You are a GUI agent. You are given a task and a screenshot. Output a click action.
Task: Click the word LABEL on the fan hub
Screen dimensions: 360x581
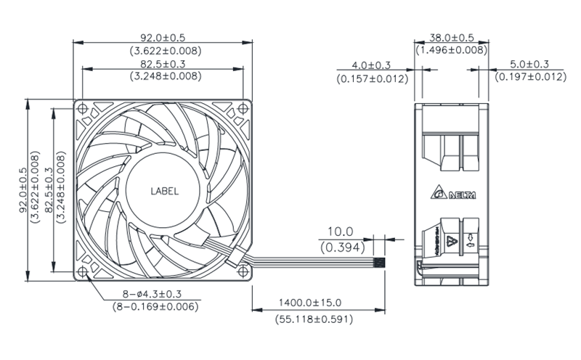pyautogui.click(x=164, y=192)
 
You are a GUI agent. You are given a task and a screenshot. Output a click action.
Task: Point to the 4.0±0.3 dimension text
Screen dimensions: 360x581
pyautogui.click(x=370, y=65)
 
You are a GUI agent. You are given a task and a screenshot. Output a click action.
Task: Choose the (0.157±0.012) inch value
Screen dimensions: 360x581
pyautogui.click(x=370, y=78)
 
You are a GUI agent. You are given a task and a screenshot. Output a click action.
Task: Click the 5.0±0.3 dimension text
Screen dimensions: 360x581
pyautogui.click(x=529, y=65)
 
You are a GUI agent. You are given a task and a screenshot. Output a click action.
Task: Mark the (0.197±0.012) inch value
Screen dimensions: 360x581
pyautogui.click(x=529, y=78)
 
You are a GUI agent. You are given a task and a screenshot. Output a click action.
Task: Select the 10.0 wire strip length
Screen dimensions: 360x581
pyautogui.click(x=339, y=232)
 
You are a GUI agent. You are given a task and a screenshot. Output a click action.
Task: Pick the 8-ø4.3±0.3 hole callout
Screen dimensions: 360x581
pyautogui.click(x=147, y=293)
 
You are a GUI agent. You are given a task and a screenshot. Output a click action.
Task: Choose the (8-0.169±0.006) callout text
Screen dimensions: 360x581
pyautogui.click(x=147, y=306)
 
